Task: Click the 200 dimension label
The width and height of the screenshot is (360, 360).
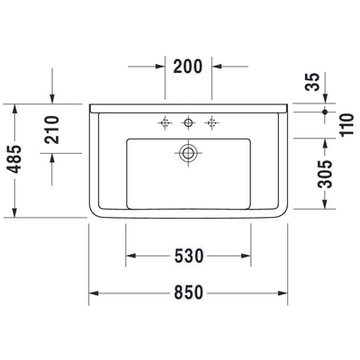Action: (x=188, y=67)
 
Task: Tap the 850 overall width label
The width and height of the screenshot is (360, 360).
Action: (x=189, y=292)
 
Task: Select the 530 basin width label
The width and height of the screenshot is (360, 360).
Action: (x=189, y=256)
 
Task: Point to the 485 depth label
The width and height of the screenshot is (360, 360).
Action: (x=14, y=159)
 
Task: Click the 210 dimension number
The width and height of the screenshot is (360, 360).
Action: (x=52, y=130)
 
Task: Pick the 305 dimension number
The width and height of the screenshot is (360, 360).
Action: (x=326, y=174)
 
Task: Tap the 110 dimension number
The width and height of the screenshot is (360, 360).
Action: (x=346, y=124)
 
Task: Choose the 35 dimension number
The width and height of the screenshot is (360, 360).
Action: (x=312, y=82)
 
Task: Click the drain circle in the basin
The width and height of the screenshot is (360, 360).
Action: (x=188, y=153)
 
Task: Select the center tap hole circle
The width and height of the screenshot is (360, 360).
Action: (x=188, y=122)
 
